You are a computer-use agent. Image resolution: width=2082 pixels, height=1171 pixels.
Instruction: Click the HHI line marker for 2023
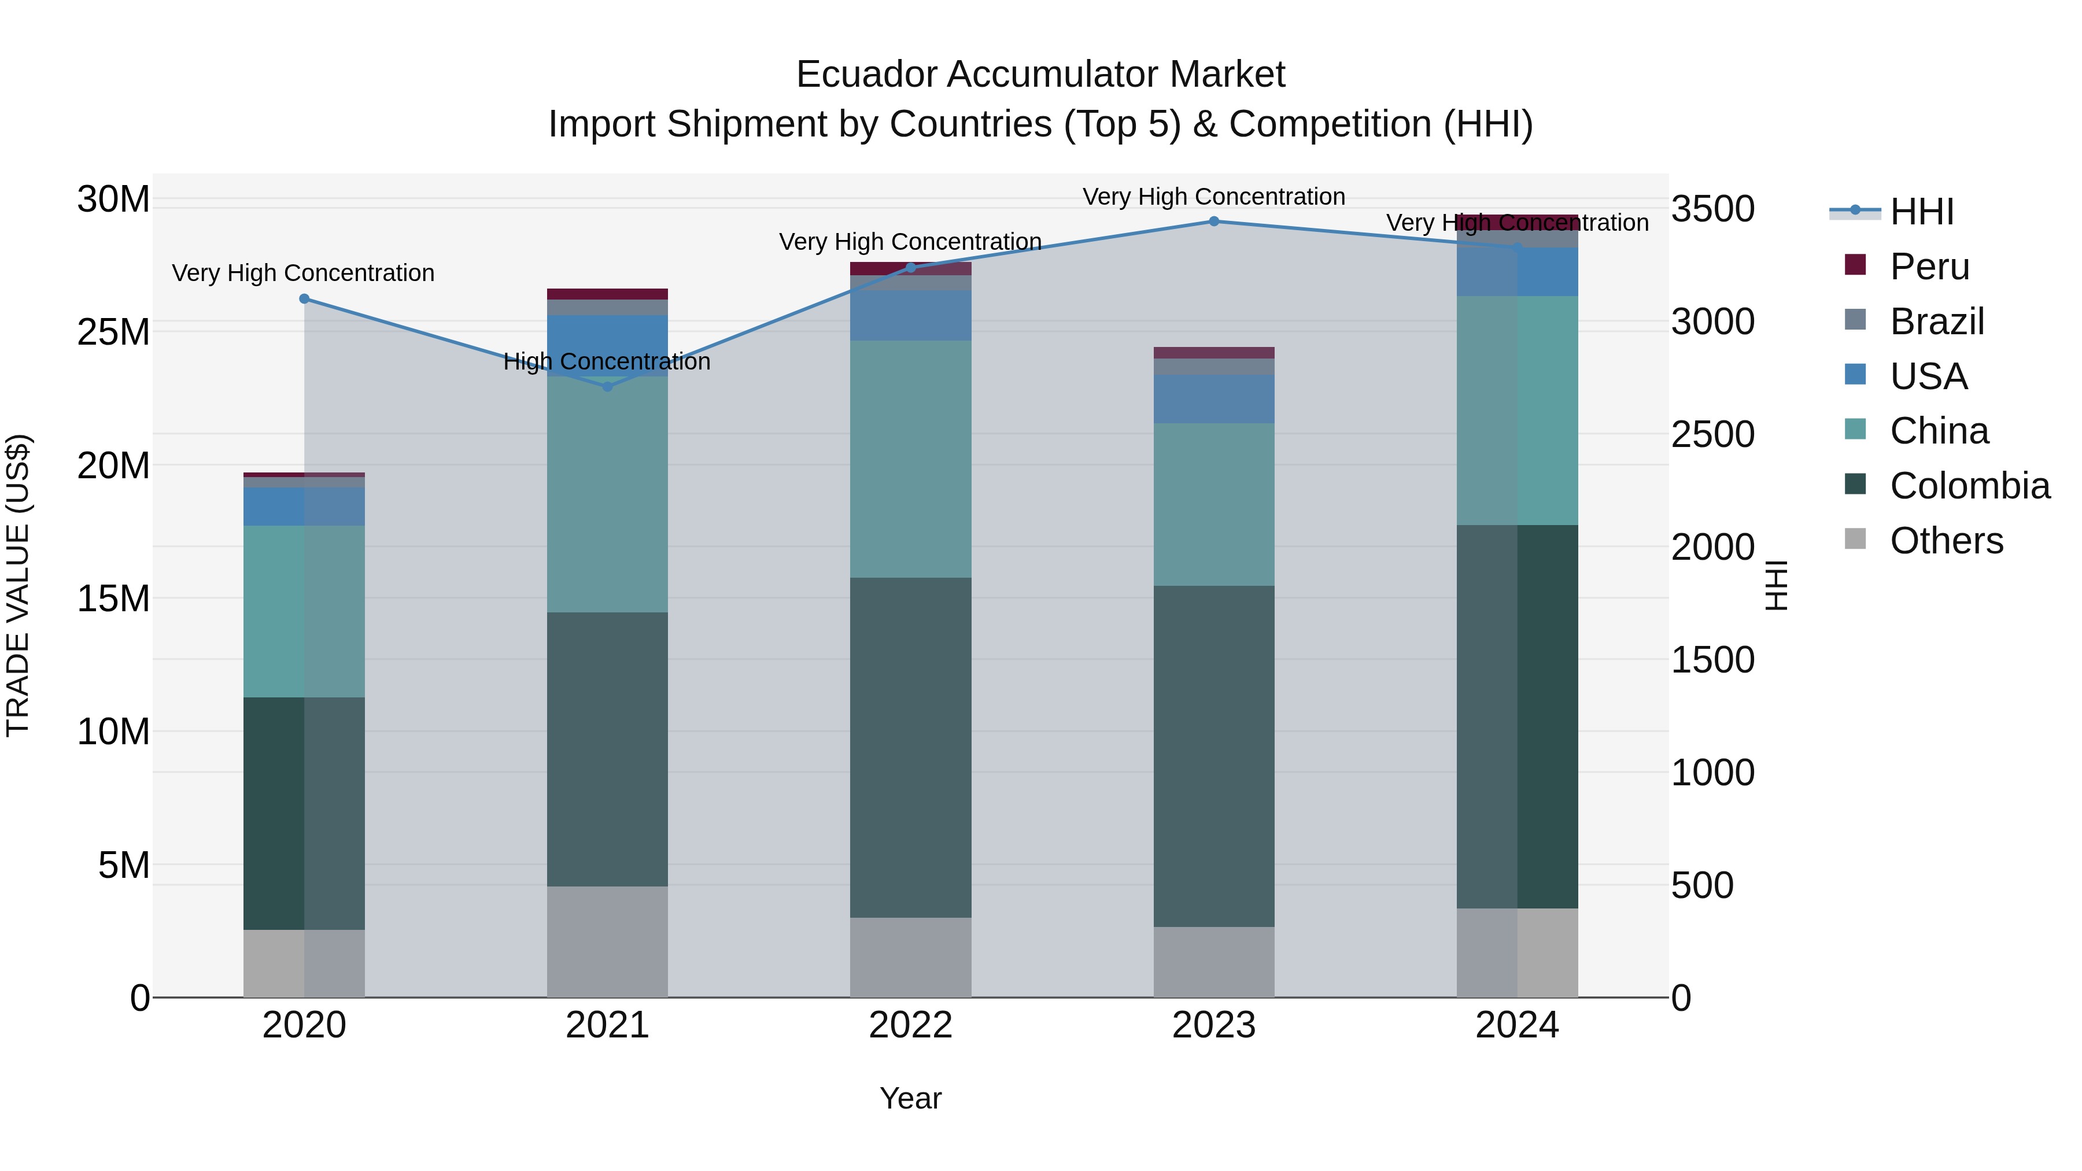[1213, 221]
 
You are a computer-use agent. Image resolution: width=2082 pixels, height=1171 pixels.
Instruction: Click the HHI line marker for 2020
[304, 298]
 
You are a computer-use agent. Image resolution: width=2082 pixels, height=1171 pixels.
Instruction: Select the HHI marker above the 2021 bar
[608, 386]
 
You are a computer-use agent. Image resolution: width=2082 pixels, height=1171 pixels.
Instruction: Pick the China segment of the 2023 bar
[1213, 504]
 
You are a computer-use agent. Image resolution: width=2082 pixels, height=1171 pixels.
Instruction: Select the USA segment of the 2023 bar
[1213, 398]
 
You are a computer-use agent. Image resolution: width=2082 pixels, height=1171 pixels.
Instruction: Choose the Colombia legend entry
[1969, 485]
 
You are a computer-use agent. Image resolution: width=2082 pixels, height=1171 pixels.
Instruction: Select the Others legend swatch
[1856, 539]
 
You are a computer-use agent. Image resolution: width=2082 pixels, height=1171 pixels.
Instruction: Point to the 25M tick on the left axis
[113, 332]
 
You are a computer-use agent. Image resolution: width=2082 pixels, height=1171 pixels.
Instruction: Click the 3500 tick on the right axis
[1712, 209]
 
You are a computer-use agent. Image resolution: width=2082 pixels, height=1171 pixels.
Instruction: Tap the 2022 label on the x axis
[910, 1025]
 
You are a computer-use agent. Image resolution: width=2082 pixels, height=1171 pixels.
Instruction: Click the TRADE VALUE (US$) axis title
[18, 585]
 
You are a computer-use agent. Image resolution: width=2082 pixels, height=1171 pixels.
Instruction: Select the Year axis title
[910, 1098]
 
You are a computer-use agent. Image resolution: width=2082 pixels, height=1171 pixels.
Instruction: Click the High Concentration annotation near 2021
[607, 361]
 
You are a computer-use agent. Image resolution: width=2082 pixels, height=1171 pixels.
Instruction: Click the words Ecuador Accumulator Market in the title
[1040, 75]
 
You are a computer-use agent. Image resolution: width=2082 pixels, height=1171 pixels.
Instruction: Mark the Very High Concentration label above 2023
[1213, 197]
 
